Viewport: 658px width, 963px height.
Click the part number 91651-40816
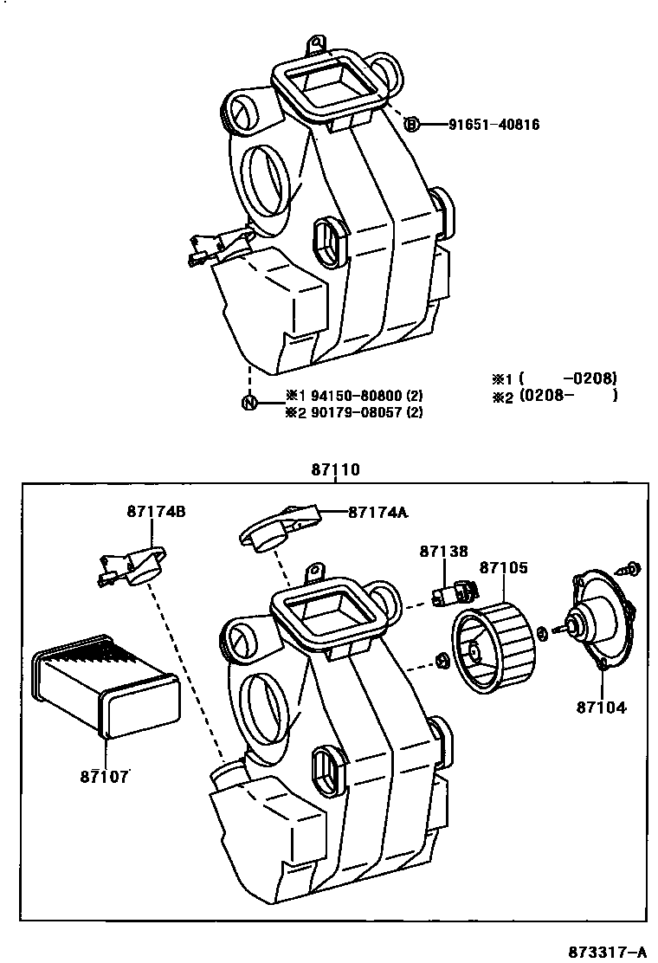[x=493, y=125]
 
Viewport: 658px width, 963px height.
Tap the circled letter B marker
[x=412, y=125]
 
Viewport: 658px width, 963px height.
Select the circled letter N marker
[x=249, y=402]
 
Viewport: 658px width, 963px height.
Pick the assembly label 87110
[x=335, y=470]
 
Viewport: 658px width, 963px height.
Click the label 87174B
[x=156, y=512]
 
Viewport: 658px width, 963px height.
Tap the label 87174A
[x=377, y=512]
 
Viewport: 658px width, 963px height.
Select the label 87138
[x=444, y=551]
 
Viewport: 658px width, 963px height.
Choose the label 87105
[x=503, y=568]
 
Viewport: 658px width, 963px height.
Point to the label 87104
[x=601, y=707]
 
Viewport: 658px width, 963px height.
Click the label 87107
[x=103, y=776]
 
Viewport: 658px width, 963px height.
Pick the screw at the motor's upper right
[x=629, y=569]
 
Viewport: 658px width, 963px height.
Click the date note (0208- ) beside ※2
[x=568, y=396]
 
